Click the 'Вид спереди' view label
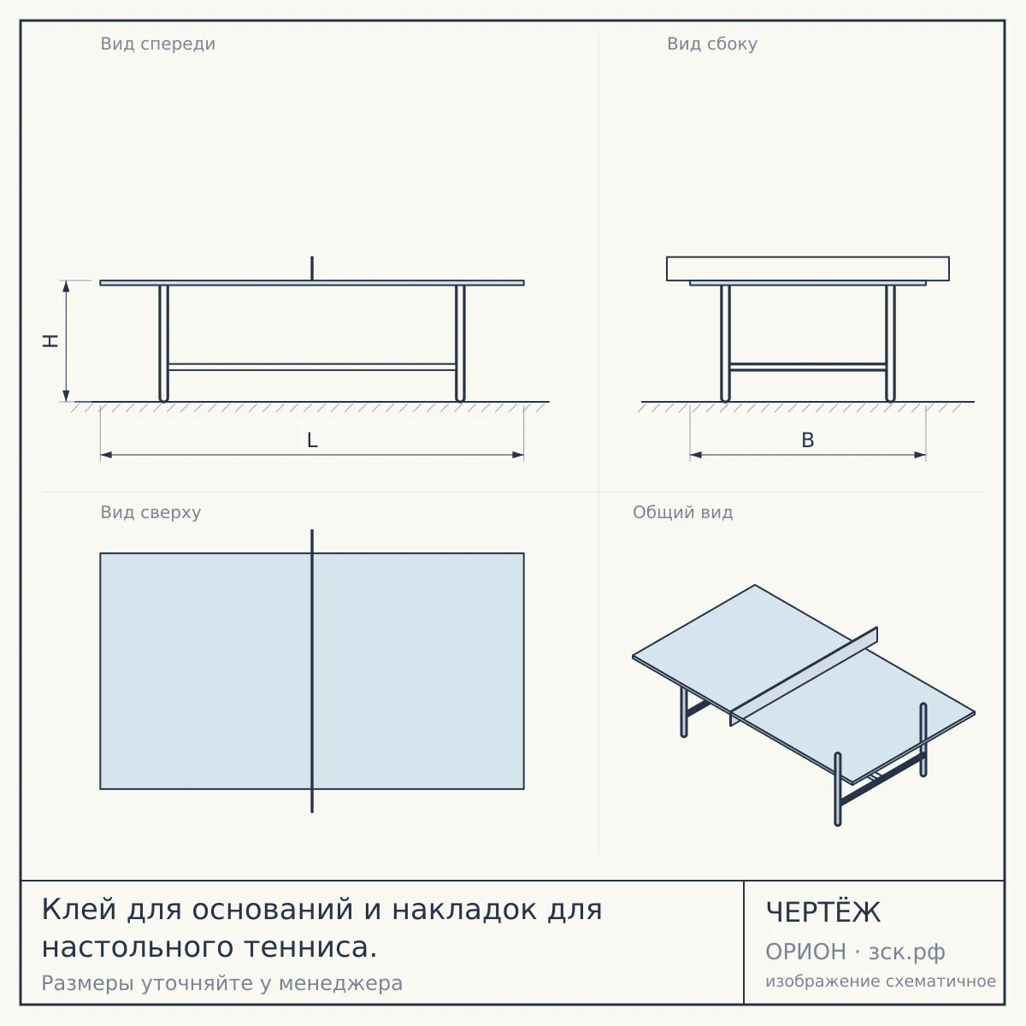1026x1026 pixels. pyautogui.click(x=157, y=44)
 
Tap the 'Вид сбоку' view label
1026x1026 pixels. pyautogui.click(x=712, y=44)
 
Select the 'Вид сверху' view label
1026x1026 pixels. pyautogui.click(x=150, y=513)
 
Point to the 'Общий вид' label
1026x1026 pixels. pyautogui.click(x=682, y=512)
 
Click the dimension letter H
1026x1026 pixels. pyautogui.click(x=50, y=341)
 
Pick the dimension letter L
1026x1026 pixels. pyautogui.click(x=312, y=440)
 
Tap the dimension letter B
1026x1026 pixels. pyautogui.click(x=808, y=440)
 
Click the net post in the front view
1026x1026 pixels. pyautogui.click(x=312, y=268)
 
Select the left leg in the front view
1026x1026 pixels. pyautogui.click(x=163, y=344)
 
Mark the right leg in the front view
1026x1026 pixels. pyautogui.click(x=461, y=344)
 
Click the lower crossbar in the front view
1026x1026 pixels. pyautogui.click(x=312, y=367)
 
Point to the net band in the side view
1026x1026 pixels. pyautogui.click(x=808, y=268)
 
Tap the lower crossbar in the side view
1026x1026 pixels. pyautogui.click(x=808, y=367)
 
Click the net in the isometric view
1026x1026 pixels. pyautogui.click(x=804, y=676)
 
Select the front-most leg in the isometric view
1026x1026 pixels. pyautogui.click(x=838, y=789)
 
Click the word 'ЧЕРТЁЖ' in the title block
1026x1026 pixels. pyautogui.click(x=823, y=912)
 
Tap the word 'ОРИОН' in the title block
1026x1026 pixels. pyautogui.click(x=805, y=952)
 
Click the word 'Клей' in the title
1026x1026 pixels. pyautogui.click(x=79, y=910)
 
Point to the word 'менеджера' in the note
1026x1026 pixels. pyautogui.click(x=341, y=984)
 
